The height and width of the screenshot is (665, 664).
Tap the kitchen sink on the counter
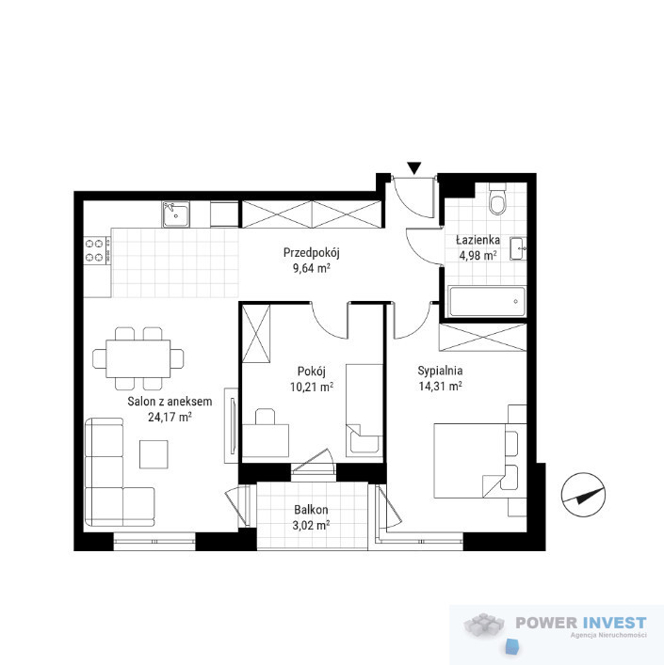click(x=175, y=214)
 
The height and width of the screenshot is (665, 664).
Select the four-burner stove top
click(x=97, y=250)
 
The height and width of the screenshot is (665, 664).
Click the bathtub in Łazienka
click(x=487, y=302)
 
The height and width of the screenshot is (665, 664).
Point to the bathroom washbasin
click(x=517, y=248)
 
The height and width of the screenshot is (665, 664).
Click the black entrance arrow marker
click(x=413, y=168)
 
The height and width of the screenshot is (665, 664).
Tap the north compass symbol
click(x=583, y=495)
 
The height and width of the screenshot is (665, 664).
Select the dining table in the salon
click(x=138, y=358)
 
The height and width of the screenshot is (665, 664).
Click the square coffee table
click(x=154, y=454)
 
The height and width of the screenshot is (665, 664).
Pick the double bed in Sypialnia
click(x=476, y=461)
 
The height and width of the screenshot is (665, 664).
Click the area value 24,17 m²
click(x=170, y=418)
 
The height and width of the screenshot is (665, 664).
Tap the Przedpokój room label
click(x=312, y=253)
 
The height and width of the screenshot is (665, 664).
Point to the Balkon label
click(x=311, y=510)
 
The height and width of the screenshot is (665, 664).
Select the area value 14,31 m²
click(x=440, y=387)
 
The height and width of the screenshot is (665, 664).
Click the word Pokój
click(x=311, y=372)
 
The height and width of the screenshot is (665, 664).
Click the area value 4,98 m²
click(x=478, y=256)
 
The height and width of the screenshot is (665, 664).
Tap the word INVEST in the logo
click(x=614, y=623)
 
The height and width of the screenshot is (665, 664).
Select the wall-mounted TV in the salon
click(x=233, y=426)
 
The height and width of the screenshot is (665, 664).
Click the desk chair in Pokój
click(x=266, y=417)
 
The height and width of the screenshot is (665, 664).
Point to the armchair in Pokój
click(x=364, y=439)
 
